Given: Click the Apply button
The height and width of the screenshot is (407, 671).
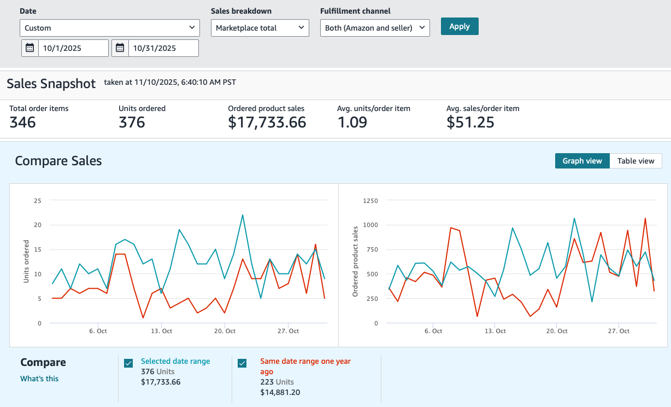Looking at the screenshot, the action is pyautogui.click(x=460, y=26).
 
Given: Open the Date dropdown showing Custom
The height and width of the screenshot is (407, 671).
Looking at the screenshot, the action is pyautogui.click(x=110, y=28).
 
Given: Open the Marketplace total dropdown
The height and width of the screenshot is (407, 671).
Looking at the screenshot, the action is pyautogui.click(x=260, y=28).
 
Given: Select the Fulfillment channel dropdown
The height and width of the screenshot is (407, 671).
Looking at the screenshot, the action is pyautogui.click(x=375, y=28).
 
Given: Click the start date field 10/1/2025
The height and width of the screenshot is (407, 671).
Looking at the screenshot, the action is pyautogui.click(x=73, y=48).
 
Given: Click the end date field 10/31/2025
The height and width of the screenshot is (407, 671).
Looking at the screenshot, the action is pyautogui.click(x=163, y=48).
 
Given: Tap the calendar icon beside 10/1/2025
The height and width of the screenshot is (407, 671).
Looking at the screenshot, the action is pyautogui.click(x=30, y=48).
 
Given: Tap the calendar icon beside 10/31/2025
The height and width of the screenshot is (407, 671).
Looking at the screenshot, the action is pyautogui.click(x=120, y=48).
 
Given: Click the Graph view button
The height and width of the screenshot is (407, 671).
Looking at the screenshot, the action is pyautogui.click(x=582, y=161).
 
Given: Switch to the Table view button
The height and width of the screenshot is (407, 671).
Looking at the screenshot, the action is pyautogui.click(x=635, y=161).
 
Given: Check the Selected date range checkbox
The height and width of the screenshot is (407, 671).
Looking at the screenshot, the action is pyautogui.click(x=128, y=363).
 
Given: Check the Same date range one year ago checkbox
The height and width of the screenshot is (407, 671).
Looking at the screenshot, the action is pyautogui.click(x=242, y=363).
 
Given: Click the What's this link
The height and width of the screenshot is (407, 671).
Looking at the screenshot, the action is pyautogui.click(x=39, y=379).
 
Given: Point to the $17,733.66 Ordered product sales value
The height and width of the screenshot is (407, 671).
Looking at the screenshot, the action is pyautogui.click(x=267, y=123).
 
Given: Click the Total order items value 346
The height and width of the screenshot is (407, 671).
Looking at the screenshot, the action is pyautogui.click(x=22, y=123).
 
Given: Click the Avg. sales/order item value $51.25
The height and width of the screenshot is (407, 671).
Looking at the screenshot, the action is pyautogui.click(x=470, y=123).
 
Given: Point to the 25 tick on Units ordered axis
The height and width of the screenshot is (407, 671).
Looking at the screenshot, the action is pyautogui.click(x=38, y=201).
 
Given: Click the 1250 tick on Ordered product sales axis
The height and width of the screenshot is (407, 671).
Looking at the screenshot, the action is pyautogui.click(x=370, y=201).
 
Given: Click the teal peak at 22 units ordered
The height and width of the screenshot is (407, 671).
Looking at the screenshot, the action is pyautogui.click(x=243, y=215).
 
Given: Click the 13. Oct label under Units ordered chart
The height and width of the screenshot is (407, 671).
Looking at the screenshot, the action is pyautogui.click(x=161, y=331).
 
